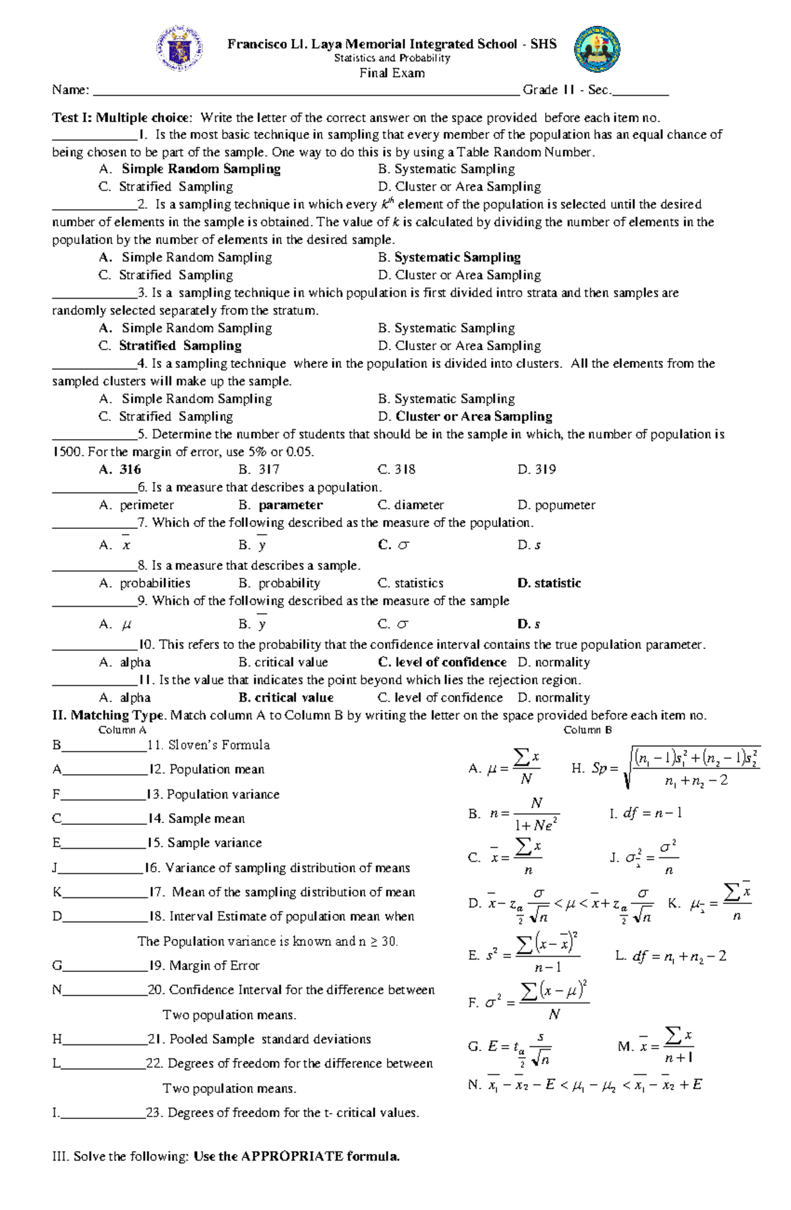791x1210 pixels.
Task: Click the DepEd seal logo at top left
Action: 179,49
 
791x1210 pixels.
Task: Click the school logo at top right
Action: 597,49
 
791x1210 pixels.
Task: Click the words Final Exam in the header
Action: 392,73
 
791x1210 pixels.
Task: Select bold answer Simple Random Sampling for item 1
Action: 200,169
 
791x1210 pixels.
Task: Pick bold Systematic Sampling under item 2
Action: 457,257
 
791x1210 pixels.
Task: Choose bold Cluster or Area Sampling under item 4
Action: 473,416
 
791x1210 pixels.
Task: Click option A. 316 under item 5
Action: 121,469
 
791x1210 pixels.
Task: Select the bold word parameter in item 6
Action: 290,505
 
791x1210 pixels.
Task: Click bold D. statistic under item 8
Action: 549,583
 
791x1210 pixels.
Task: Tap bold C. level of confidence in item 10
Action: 442,662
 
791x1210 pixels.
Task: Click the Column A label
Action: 122,730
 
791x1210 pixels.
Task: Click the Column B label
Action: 587,730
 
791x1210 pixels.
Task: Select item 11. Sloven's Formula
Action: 208,745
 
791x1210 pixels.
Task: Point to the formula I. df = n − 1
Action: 646,814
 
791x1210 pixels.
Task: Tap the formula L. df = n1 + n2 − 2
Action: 670,956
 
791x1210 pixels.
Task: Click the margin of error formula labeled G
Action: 511,1046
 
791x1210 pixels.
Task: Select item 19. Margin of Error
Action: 204,965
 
